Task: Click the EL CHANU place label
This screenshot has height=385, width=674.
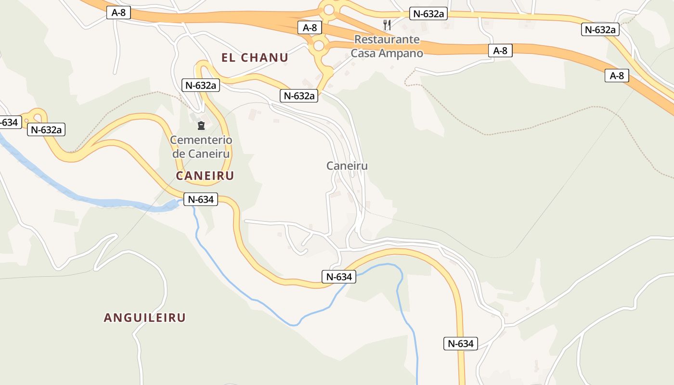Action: tap(255, 58)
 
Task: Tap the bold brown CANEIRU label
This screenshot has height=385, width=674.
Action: tap(205, 176)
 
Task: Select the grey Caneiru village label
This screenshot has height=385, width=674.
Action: tap(347, 166)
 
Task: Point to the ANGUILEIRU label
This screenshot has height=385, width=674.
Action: tap(144, 318)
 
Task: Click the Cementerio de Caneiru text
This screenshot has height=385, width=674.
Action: tap(201, 147)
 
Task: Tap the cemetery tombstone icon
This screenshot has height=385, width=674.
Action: tap(201, 126)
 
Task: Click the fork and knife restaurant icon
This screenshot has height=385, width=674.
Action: tap(387, 25)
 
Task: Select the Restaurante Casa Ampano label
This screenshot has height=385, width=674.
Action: tap(387, 46)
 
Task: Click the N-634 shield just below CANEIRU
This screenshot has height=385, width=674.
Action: tap(201, 199)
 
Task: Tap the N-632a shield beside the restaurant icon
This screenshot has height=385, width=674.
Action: tap(428, 13)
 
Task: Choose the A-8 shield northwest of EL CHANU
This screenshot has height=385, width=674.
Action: tap(118, 13)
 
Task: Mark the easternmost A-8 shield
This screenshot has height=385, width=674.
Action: tap(617, 76)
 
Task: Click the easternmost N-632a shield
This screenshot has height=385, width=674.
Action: tap(600, 29)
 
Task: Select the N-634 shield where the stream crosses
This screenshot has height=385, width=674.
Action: tap(339, 277)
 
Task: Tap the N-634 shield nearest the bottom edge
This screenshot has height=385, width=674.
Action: tap(461, 344)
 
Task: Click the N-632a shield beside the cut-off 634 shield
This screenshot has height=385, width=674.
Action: tap(46, 129)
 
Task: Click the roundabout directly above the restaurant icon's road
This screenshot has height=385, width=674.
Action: tap(329, 9)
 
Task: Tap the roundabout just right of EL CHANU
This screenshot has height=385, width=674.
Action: tap(318, 46)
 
